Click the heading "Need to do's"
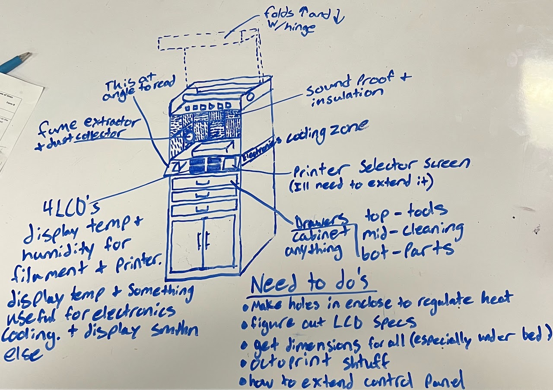[x=309, y=283]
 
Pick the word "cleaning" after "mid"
[x=432, y=231]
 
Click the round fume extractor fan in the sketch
[x=188, y=135]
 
